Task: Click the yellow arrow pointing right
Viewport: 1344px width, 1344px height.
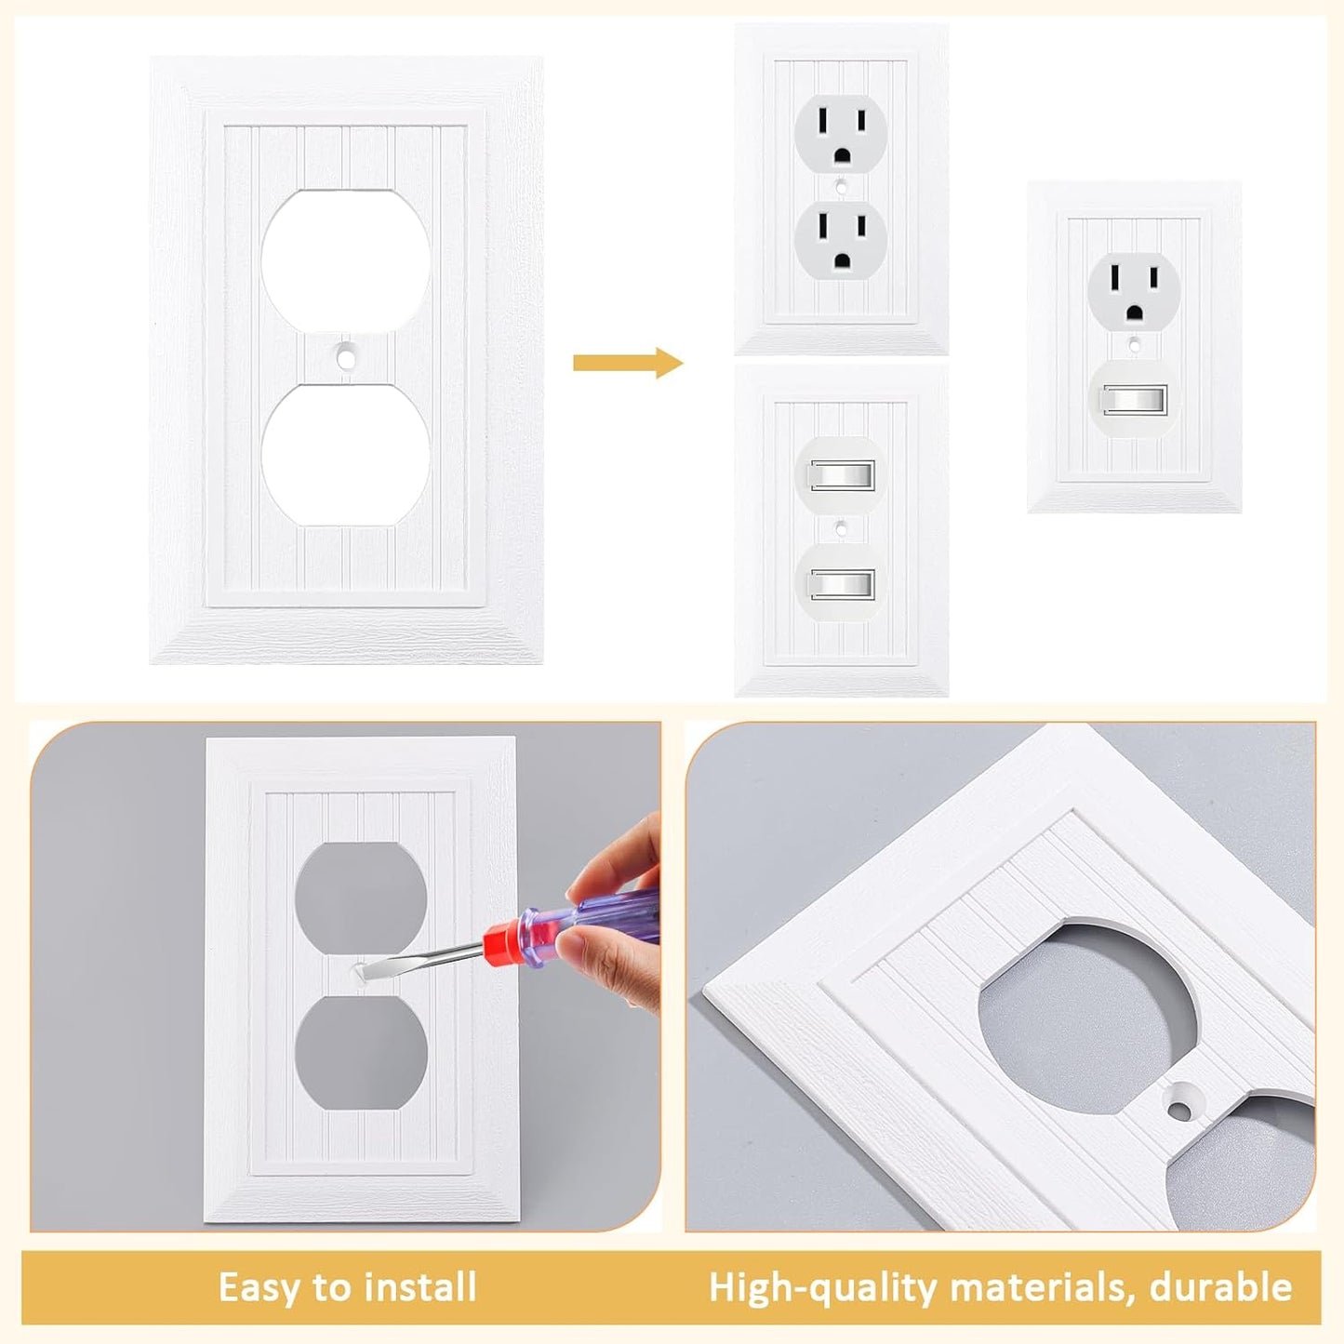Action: (x=627, y=363)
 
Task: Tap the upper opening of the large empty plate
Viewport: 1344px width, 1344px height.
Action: (x=344, y=260)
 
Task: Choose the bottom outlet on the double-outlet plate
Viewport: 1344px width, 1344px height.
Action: (x=841, y=246)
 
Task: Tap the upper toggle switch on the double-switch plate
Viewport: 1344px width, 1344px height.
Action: (x=841, y=475)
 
